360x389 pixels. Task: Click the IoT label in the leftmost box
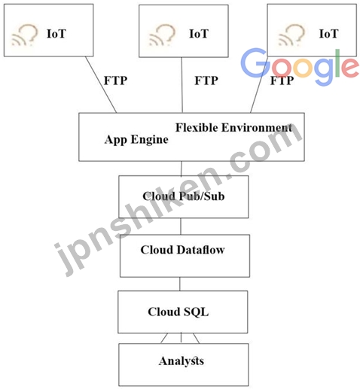pos(56,34)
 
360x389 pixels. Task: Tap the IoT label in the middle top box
pos(199,34)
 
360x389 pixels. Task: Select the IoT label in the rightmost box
pos(328,34)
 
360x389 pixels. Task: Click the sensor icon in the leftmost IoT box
pos(25,35)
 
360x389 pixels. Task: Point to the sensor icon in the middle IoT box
pos(162,35)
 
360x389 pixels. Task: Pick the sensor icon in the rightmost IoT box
pos(291,35)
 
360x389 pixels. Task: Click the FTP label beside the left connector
pos(115,81)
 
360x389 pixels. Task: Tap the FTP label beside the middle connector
pos(206,81)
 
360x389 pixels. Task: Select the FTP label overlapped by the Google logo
pos(282,81)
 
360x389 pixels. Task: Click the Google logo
pos(300,66)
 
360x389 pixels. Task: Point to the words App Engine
pos(136,140)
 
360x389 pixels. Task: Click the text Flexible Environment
pos(233,128)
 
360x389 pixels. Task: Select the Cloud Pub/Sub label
pos(184,196)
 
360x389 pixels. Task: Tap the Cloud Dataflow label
pos(182,250)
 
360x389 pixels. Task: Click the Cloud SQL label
pos(178,312)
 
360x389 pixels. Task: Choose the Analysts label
pos(182,361)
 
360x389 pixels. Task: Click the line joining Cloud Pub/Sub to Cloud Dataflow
pos(181,226)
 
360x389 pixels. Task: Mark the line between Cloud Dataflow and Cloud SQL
pos(180,284)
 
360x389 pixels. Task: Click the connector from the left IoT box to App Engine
pos(101,84)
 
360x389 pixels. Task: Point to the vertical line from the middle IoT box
pos(182,85)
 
